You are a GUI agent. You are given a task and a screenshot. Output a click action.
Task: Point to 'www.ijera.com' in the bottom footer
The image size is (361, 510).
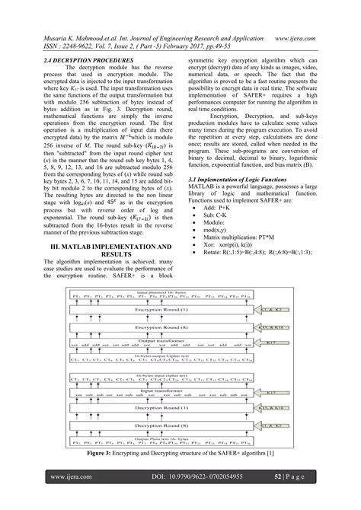pyautogui.click(x=71, y=477)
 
